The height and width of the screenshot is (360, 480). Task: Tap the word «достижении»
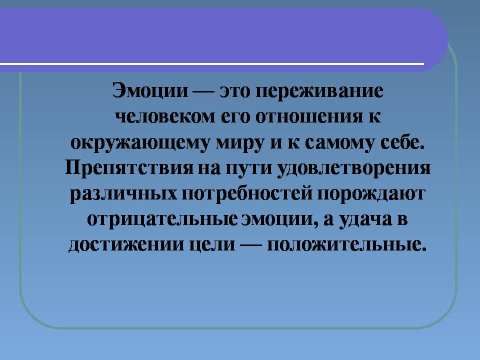122,245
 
